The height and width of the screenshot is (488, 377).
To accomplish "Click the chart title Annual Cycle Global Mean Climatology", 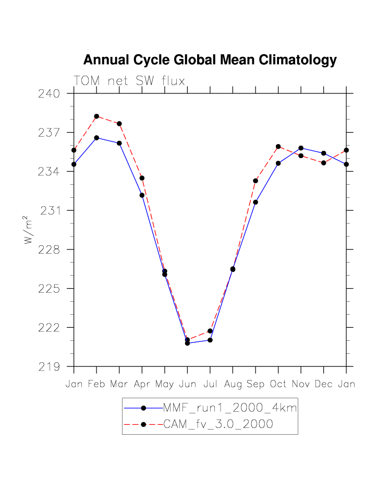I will pos(210,60).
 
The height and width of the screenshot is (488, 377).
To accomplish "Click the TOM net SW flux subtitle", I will pos(129,80).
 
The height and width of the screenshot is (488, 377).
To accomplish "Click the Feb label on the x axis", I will pos(96,384).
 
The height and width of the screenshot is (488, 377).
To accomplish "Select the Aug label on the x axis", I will pos(233,384).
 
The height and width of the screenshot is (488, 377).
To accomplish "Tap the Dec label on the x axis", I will pos(323,384).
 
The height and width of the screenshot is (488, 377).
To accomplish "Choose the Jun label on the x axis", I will pos(187,384).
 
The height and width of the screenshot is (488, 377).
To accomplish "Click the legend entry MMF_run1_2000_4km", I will pos(230,408).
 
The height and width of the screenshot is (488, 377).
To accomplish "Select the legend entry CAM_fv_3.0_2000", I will pos(218,424).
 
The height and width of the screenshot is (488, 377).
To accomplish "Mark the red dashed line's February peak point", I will pos(96,116).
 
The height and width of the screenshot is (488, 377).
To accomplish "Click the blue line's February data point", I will pos(96,138).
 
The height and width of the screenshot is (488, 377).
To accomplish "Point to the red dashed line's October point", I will pos(278,147).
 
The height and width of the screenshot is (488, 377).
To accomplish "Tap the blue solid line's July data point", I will pos(210,340).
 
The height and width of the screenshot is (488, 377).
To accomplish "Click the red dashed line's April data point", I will pos(142,178).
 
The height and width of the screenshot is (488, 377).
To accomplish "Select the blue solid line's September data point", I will pos(256,202).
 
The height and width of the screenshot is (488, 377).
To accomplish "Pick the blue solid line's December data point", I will pos(323,153).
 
